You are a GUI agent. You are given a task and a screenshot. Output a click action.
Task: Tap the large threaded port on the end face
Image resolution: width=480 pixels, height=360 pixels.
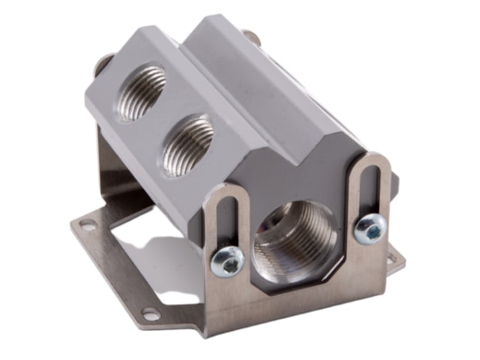[x=295, y=241]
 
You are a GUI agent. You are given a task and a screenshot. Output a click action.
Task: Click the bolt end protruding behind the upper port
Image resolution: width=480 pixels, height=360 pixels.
[x=102, y=61]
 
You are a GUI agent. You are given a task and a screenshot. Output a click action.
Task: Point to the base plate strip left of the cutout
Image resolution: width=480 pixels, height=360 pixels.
[x=109, y=247]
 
